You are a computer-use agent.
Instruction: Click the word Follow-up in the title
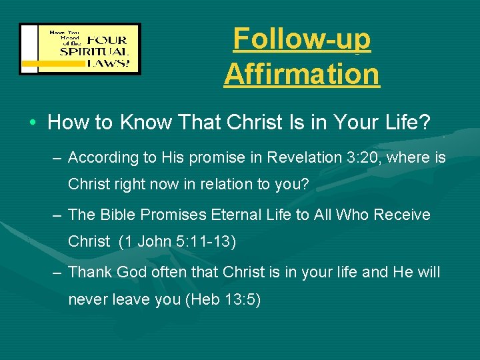click(301, 39)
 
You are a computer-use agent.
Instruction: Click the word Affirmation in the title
click(301, 73)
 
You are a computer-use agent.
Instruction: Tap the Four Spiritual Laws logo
click(80, 49)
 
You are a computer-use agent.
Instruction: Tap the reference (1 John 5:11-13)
click(177, 241)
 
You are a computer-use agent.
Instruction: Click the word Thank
click(90, 272)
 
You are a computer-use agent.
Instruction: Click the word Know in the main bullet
click(147, 123)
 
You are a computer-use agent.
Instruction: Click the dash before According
click(59, 157)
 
